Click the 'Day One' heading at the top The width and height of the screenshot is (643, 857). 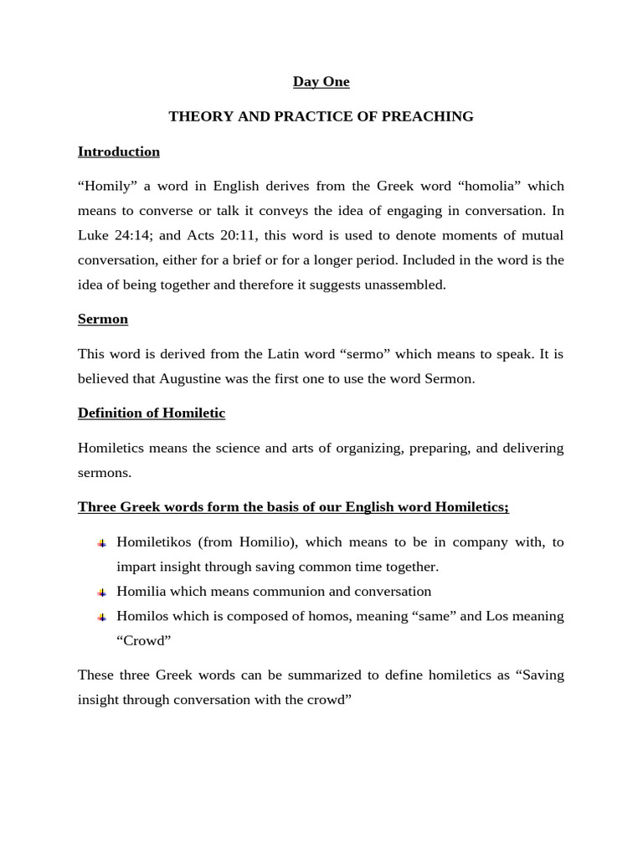321,82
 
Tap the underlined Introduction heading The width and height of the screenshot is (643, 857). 118,151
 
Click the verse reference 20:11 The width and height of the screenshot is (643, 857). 239,235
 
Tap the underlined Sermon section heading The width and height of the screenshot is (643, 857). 102,319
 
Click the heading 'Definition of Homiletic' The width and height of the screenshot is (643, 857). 151,413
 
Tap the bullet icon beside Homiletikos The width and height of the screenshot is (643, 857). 101,543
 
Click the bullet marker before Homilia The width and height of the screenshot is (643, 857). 101,593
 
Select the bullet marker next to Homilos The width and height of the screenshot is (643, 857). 101,617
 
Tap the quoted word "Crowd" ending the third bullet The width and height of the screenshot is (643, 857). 143,641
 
